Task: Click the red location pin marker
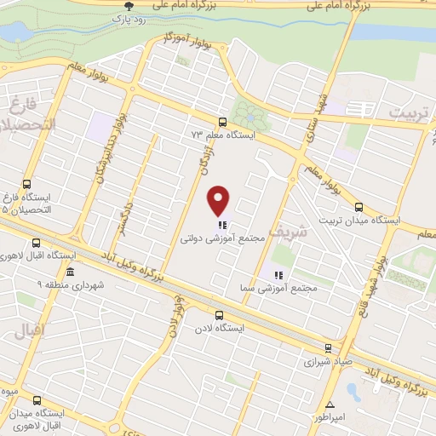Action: pos(220,200)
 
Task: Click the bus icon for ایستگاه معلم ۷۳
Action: pos(222,121)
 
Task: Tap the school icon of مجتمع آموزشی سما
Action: pos(277,274)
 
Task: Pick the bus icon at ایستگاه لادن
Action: pos(221,313)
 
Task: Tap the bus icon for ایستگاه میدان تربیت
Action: pos(358,205)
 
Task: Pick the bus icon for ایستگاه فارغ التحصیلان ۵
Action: pos(26,184)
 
